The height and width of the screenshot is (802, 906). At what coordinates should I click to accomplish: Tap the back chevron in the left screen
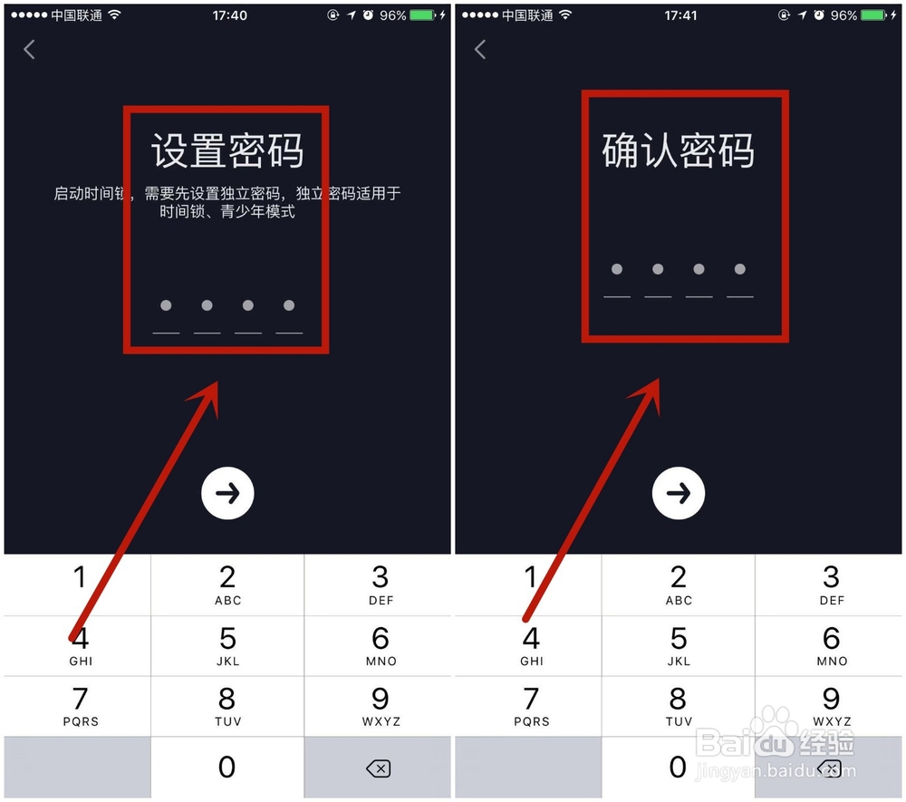(x=29, y=50)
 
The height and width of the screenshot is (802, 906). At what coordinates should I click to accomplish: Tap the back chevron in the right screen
(x=480, y=50)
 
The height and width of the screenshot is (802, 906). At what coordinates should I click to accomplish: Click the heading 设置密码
(x=226, y=150)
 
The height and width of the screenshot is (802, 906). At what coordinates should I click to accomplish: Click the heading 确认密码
(x=679, y=150)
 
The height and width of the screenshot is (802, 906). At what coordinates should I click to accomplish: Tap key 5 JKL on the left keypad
(x=227, y=646)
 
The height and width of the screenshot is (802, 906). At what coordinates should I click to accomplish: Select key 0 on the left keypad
(x=227, y=768)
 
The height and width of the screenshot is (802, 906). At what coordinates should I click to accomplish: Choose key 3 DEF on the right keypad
(x=831, y=585)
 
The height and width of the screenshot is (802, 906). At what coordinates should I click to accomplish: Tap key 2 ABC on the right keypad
(x=679, y=585)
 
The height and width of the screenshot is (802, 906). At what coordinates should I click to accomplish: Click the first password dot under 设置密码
(x=166, y=305)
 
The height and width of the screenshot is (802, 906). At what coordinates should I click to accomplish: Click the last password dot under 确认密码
(x=740, y=269)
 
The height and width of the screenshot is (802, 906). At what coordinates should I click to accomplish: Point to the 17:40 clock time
(x=229, y=15)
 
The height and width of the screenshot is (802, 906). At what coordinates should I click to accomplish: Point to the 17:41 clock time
(x=680, y=15)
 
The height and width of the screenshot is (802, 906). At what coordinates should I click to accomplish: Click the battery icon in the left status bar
(x=422, y=15)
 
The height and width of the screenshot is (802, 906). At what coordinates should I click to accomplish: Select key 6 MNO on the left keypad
(x=380, y=646)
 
